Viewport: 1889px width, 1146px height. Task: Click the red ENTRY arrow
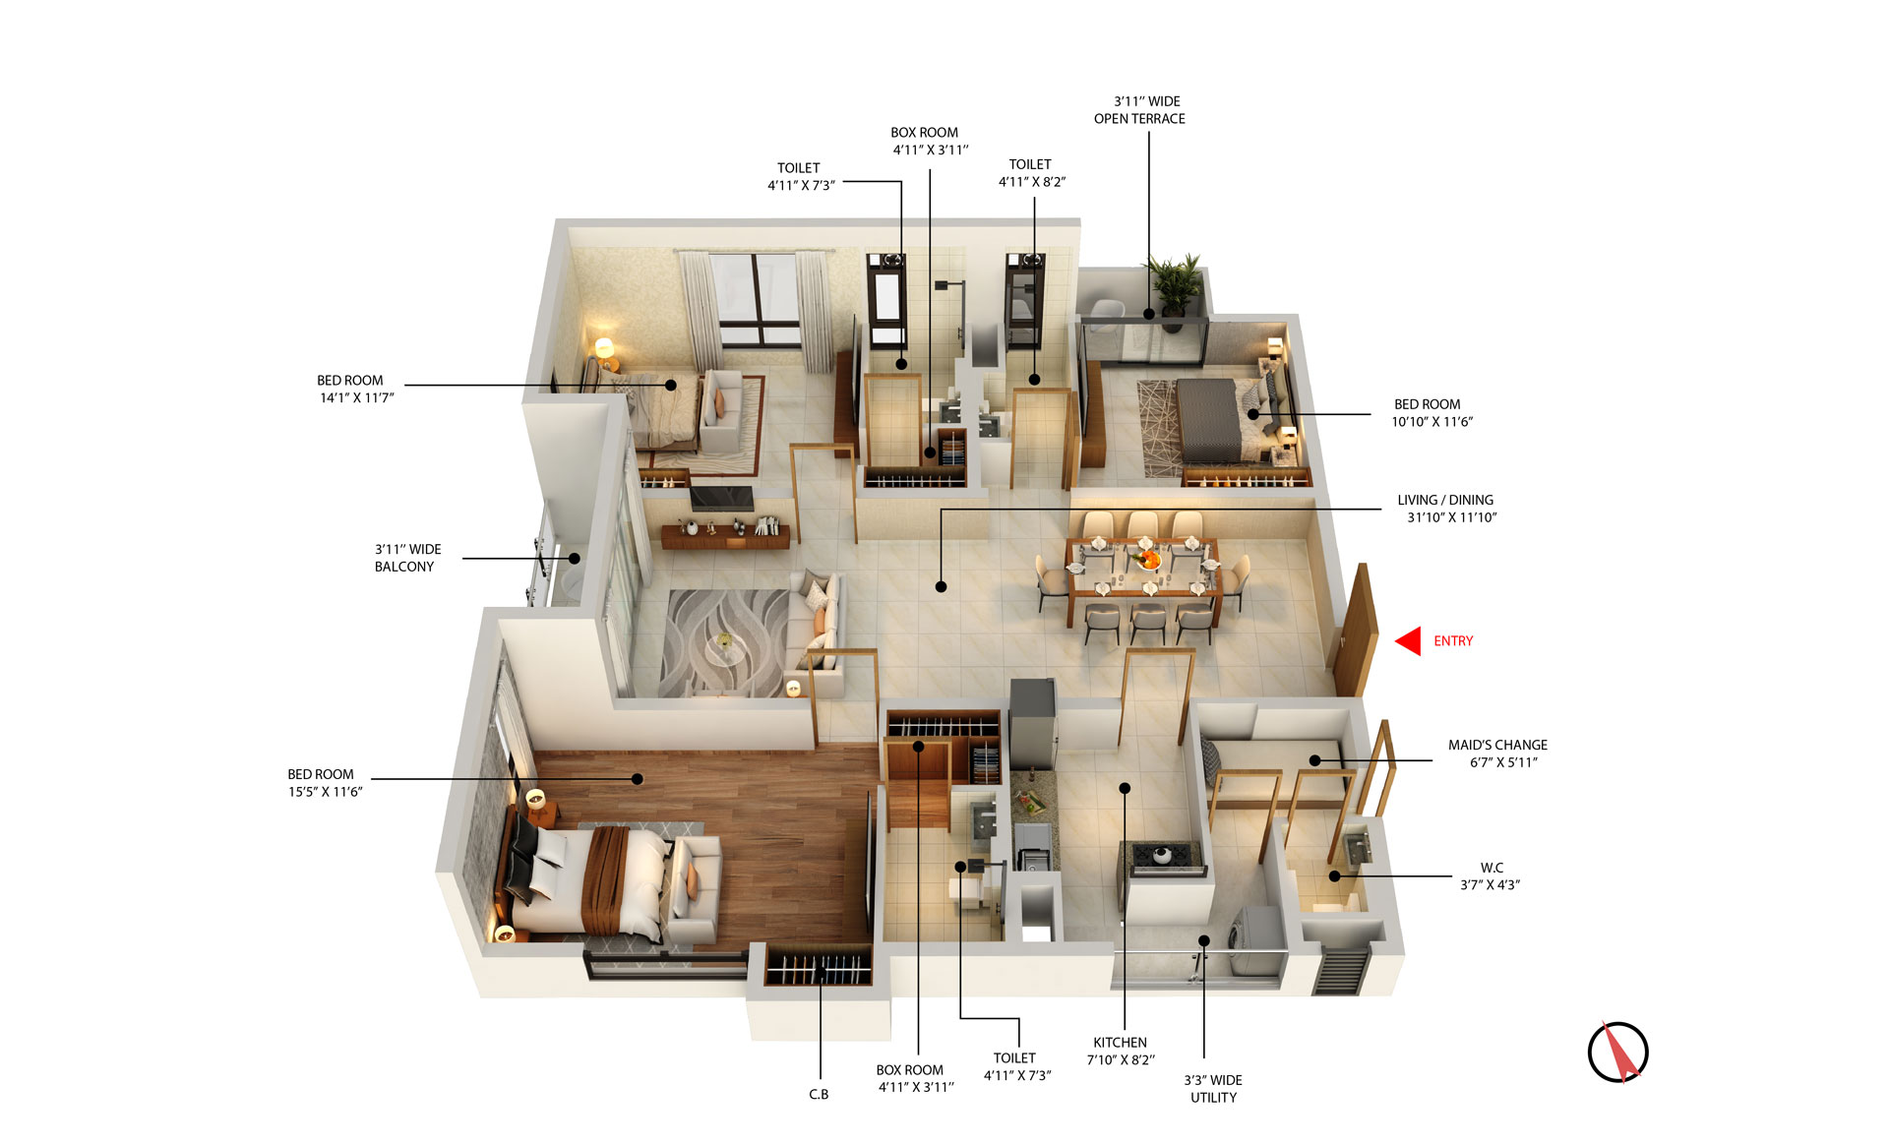[1408, 641]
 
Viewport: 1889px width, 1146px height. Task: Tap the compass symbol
[1617, 1052]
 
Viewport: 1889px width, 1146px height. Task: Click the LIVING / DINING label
[1445, 500]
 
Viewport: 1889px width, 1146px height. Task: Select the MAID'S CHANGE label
[1497, 745]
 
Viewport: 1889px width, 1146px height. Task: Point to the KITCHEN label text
[1120, 1043]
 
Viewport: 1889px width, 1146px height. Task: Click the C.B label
[819, 1094]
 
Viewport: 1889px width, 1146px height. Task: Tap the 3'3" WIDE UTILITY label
[1213, 1089]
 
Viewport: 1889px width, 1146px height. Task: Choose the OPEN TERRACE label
[1139, 119]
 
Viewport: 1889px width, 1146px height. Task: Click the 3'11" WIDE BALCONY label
[407, 558]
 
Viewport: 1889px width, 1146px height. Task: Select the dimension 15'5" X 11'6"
[325, 792]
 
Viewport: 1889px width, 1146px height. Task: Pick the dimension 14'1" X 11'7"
[356, 398]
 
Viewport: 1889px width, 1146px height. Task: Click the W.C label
[1492, 868]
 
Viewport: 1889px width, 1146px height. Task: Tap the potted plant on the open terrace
[1174, 285]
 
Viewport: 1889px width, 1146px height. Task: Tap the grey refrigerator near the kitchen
[1032, 723]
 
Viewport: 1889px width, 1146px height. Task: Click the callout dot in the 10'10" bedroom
[1253, 414]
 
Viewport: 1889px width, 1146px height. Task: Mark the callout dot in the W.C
[1334, 875]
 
